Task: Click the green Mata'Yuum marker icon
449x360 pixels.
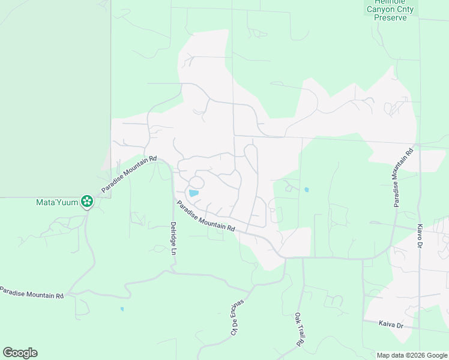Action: tap(87, 202)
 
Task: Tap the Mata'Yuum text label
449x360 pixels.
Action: tap(58, 202)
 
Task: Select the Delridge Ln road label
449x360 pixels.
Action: tap(173, 239)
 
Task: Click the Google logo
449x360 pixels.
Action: tap(20, 353)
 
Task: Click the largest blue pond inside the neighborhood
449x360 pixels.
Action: tap(193, 193)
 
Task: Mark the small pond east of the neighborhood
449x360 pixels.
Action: tap(307, 190)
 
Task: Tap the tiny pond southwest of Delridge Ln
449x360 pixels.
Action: tap(122, 309)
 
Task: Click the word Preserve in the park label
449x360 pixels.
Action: tap(390, 17)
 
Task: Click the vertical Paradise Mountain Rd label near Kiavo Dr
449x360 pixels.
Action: tap(403, 177)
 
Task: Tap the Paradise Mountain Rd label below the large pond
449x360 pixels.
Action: tap(205, 216)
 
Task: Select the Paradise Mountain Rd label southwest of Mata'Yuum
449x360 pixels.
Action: tap(31, 292)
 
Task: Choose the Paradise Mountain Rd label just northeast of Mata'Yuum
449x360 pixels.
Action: tap(129, 175)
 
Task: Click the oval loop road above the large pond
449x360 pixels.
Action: tap(197, 182)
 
